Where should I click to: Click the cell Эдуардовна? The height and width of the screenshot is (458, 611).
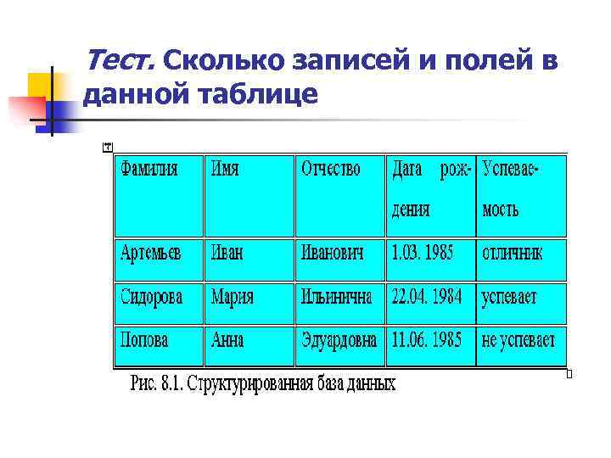point(339,341)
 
